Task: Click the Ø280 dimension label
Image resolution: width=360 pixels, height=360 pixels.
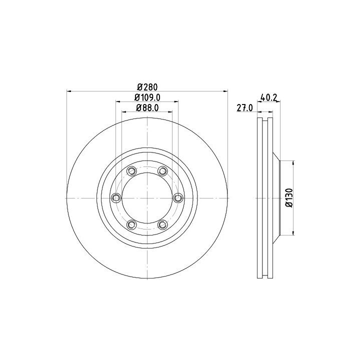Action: pyautogui.click(x=147, y=87)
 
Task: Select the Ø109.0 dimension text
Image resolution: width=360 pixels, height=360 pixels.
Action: pyautogui.click(x=147, y=97)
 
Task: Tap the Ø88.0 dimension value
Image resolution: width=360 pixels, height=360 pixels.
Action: pyautogui.click(x=147, y=108)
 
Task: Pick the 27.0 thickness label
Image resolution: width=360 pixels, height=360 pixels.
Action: pyautogui.click(x=244, y=108)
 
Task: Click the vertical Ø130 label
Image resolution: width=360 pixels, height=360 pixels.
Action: pyautogui.click(x=289, y=198)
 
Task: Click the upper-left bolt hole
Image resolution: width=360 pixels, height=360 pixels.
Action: pyautogui.click(x=131, y=171)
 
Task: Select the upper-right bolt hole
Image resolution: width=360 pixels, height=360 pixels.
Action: pyautogui.click(x=162, y=171)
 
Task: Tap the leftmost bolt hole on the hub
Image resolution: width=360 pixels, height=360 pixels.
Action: pyautogui.click(x=116, y=197)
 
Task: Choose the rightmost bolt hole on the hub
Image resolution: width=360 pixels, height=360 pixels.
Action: pyautogui.click(x=178, y=197)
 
